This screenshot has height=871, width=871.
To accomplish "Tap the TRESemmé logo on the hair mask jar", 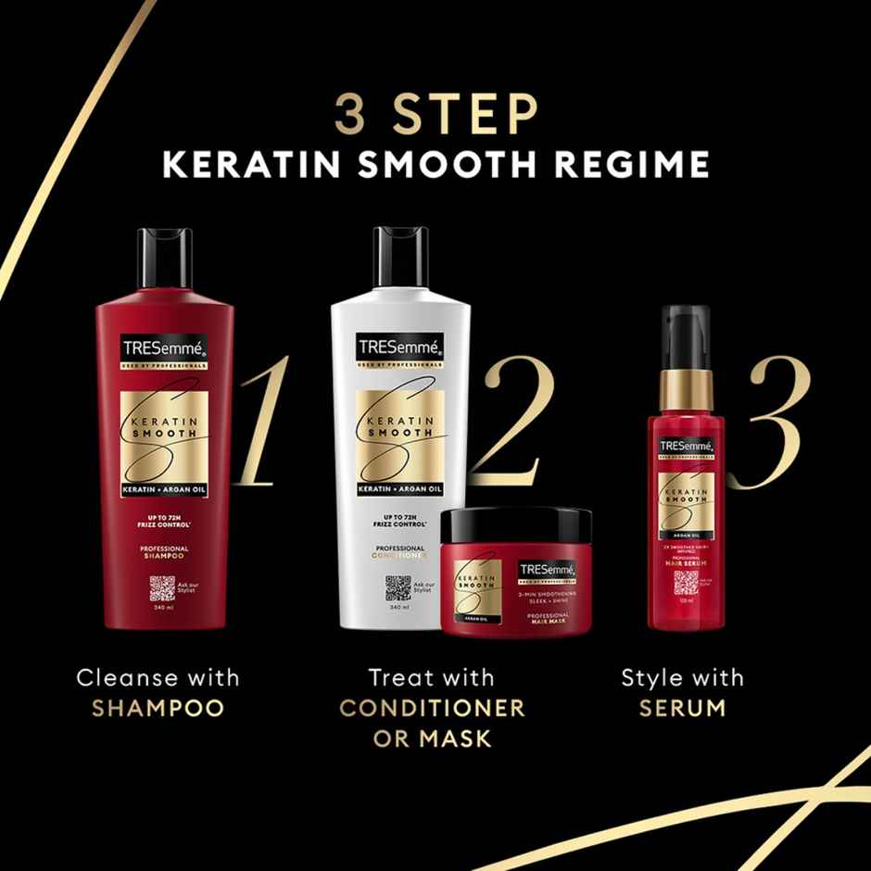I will (x=548, y=570).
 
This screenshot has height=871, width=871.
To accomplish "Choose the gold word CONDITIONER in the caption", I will (x=432, y=708).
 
